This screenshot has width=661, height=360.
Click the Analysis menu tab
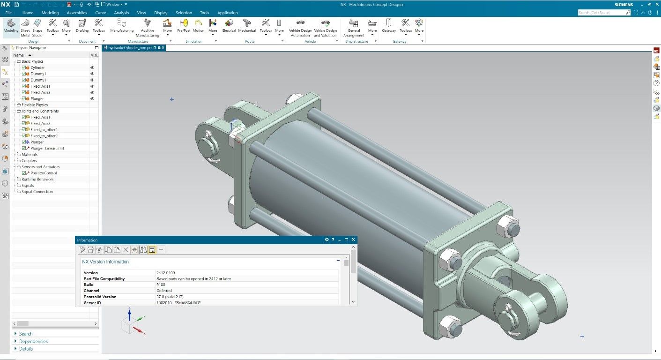pyautogui.click(x=121, y=13)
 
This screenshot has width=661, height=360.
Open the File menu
pyautogui.click(x=8, y=13)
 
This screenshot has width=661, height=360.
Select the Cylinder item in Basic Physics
pyautogui.click(x=37, y=67)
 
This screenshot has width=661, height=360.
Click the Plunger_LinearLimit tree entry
pyautogui.click(x=47, y=148)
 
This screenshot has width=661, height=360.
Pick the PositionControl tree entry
pyautogui.click(x=44, y=173)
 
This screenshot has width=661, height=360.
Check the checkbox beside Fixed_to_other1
pyautogui.click(x=24, y=129)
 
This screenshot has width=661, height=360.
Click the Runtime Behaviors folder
pyautogui.click(x=37, y=179)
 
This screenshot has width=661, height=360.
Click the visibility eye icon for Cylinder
pyautogui.click(x=92, y=67)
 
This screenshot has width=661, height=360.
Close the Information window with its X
pyautogui.click(x=353, y=240)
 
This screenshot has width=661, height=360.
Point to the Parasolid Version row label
pyautogui.click(x=100, y=297)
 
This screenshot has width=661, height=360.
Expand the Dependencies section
pyautogui.click(x=33, y=341)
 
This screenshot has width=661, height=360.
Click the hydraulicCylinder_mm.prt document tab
pyautogui.click(x=130, y=48)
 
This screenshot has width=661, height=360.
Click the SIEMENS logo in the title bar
pyautogui.click(x=624, y=5)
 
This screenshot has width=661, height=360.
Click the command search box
pyautogui.click(x=602, y=13)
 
